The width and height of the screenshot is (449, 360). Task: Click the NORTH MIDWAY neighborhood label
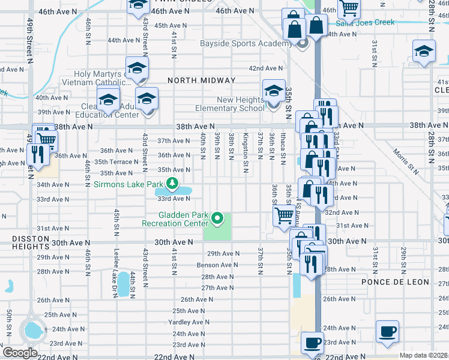201,80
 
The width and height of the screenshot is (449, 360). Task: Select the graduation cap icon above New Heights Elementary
274,91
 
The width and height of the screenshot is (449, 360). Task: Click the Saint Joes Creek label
364,23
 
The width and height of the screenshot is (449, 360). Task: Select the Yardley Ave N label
188,322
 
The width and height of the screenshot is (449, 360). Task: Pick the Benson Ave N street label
217,265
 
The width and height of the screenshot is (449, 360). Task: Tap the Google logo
20,352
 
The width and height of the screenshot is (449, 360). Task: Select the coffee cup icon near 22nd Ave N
312,342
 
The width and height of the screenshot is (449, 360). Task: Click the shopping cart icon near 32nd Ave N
283,215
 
